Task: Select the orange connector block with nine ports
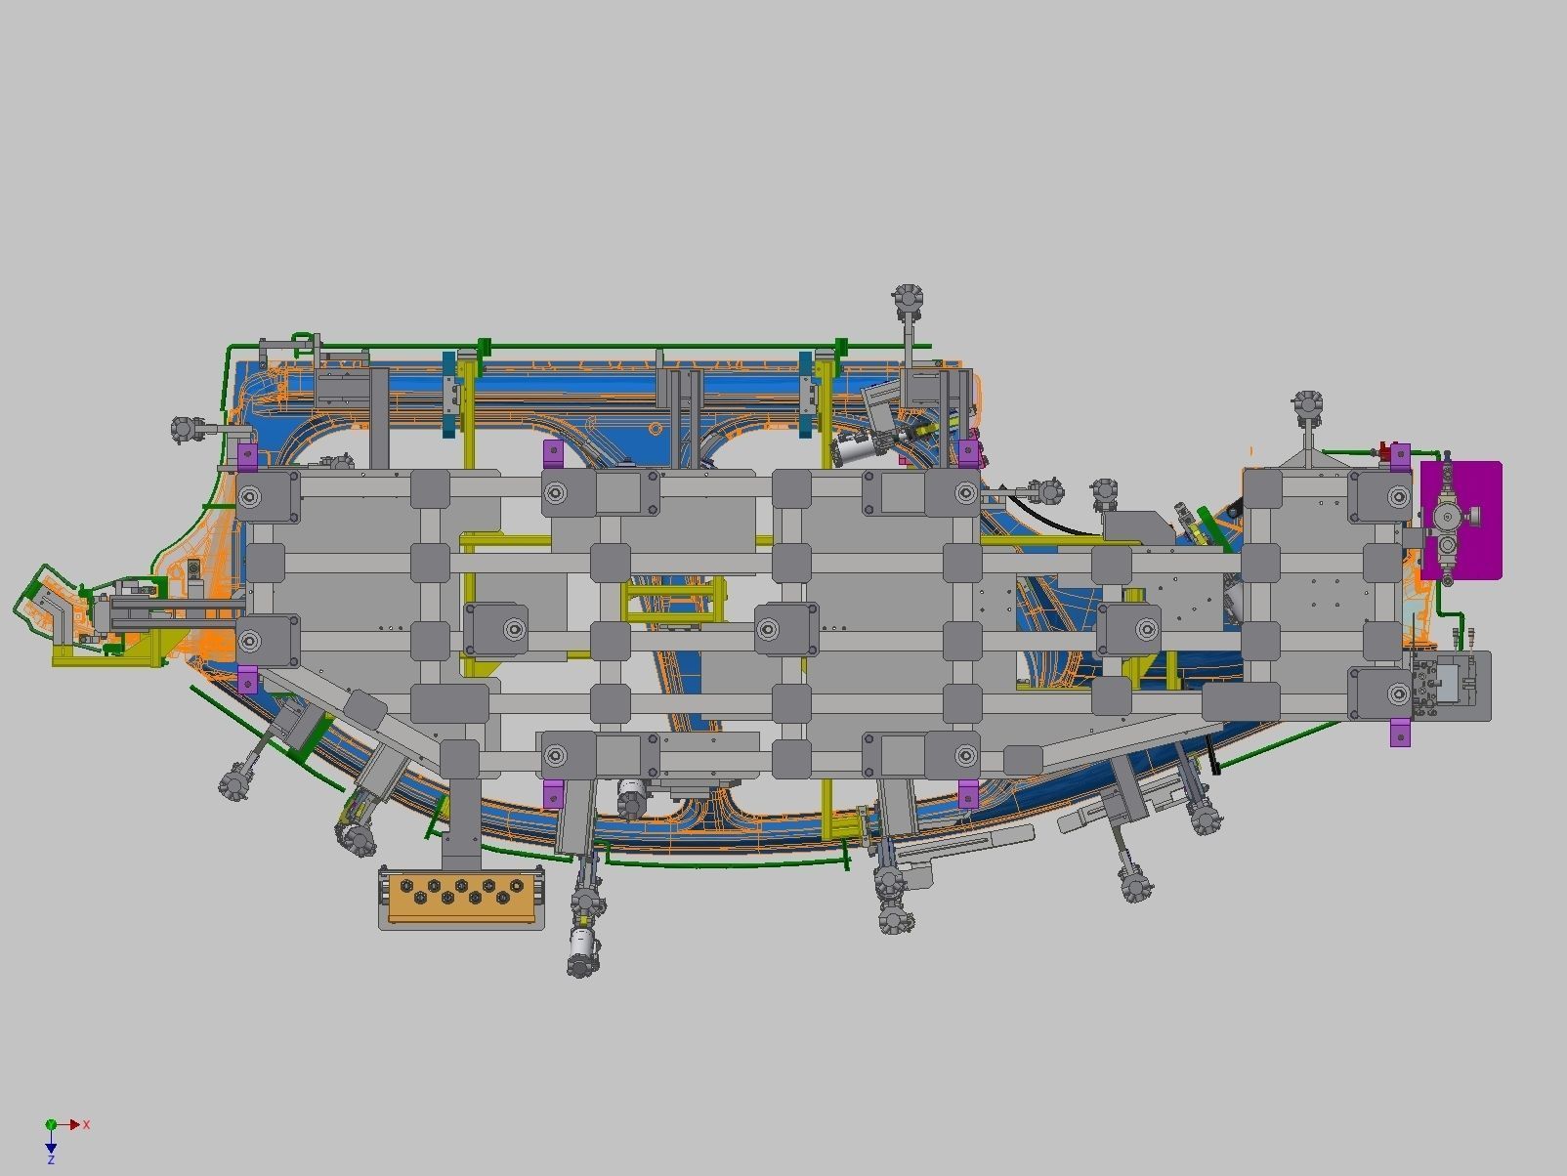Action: (x=461, y=896)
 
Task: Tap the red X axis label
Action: (x=87, y=1124)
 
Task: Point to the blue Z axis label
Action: (x=51, y=1159)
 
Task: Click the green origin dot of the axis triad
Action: (x=51, y=1125)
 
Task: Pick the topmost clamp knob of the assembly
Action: (x=908, y=297)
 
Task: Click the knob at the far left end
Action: (x=184, y=429)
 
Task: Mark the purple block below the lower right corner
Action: (x=1400, y=732)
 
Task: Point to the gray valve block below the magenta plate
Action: (x=1450, y=687)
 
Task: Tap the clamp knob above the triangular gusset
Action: (x=1307, y=404)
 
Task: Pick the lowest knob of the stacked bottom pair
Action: (x=895, y=918)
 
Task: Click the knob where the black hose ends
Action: (x=1048, y=489)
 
